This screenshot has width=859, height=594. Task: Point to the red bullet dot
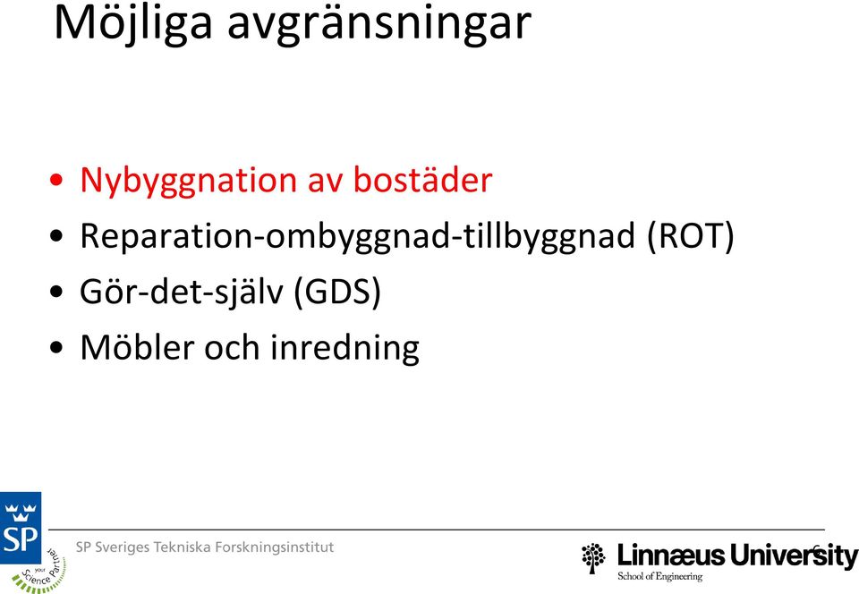55,180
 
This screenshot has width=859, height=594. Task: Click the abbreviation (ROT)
690,236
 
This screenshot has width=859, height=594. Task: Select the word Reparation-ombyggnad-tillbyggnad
357,237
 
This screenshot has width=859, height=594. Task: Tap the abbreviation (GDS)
337,292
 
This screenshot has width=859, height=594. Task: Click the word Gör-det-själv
182,292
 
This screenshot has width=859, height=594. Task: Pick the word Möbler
137,347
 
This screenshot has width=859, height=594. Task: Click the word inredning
345,348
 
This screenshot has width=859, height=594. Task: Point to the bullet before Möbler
55,348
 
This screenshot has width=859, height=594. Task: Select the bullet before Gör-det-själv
55,292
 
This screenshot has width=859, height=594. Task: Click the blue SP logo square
21,528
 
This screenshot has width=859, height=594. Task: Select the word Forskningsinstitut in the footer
274,547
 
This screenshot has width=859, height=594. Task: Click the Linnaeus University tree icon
594,558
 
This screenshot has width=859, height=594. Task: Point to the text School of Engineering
660,576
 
